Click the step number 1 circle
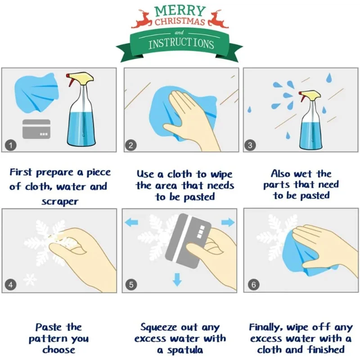pyautogui.click(x=10, y=145)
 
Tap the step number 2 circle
pyautogui.click(x=131, y=145)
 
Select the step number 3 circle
pyautogui.click(x=250, y=145)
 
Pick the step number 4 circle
pyautogui.click(x=10, y=285)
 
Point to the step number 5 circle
pyautogui.click(x=131, y=285)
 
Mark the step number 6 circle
pyautogui.click(x=254, y=285)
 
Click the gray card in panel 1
pyautogui.click(x=36, y=129)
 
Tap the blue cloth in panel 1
pyautogui.click(x=36, y=92)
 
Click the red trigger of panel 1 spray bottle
pyautogui.click(x=70, y=80)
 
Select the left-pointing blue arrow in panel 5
pyautogui.click(x=131, y=222)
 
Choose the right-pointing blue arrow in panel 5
pyautogui.click(x=228, y=222)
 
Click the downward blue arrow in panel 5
pyautogui.click(x=177, y=279)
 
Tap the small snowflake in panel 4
pyautogui.click(x=30, y=279)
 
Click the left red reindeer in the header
pyautogui.click(x=141, y=19)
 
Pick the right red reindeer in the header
pyautogui.click(x=218, y=19)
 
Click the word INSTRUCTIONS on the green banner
pyautogui.click(x=181, y=44)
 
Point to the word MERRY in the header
pyautogui.click(x=180, y=11)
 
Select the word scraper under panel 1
pyautogui.click(x=60, y=202)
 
